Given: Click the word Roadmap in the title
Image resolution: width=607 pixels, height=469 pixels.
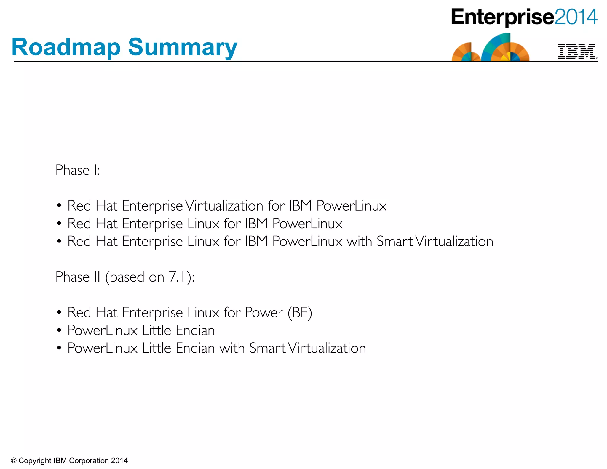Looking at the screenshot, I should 66,47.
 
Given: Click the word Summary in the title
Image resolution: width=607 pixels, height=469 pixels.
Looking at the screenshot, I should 183,47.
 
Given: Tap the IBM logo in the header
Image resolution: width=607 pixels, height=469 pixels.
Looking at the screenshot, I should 576,52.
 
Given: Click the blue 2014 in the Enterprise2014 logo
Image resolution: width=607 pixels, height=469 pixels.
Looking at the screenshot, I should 576,17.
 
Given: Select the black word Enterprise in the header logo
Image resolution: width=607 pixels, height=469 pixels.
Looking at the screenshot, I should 502,17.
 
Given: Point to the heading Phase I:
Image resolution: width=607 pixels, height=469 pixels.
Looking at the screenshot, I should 78,170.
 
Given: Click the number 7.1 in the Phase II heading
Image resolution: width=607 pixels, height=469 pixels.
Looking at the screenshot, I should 177,277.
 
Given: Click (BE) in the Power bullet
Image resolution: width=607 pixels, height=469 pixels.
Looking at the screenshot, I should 300,313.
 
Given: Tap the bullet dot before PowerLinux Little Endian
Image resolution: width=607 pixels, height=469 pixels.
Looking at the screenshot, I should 59,330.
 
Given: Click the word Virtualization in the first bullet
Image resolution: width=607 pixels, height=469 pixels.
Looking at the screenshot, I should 224,206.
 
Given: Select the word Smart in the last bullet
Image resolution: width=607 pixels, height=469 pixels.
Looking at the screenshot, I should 267,348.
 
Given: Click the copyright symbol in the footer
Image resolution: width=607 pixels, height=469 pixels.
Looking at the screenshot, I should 14,461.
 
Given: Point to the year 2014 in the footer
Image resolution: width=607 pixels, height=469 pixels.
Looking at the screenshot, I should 119,461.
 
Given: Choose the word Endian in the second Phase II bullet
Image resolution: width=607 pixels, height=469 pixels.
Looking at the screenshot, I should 195,330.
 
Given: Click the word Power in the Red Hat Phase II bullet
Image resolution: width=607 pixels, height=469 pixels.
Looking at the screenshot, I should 264,313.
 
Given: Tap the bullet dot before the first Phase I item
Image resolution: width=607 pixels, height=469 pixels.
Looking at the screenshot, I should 59,205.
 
